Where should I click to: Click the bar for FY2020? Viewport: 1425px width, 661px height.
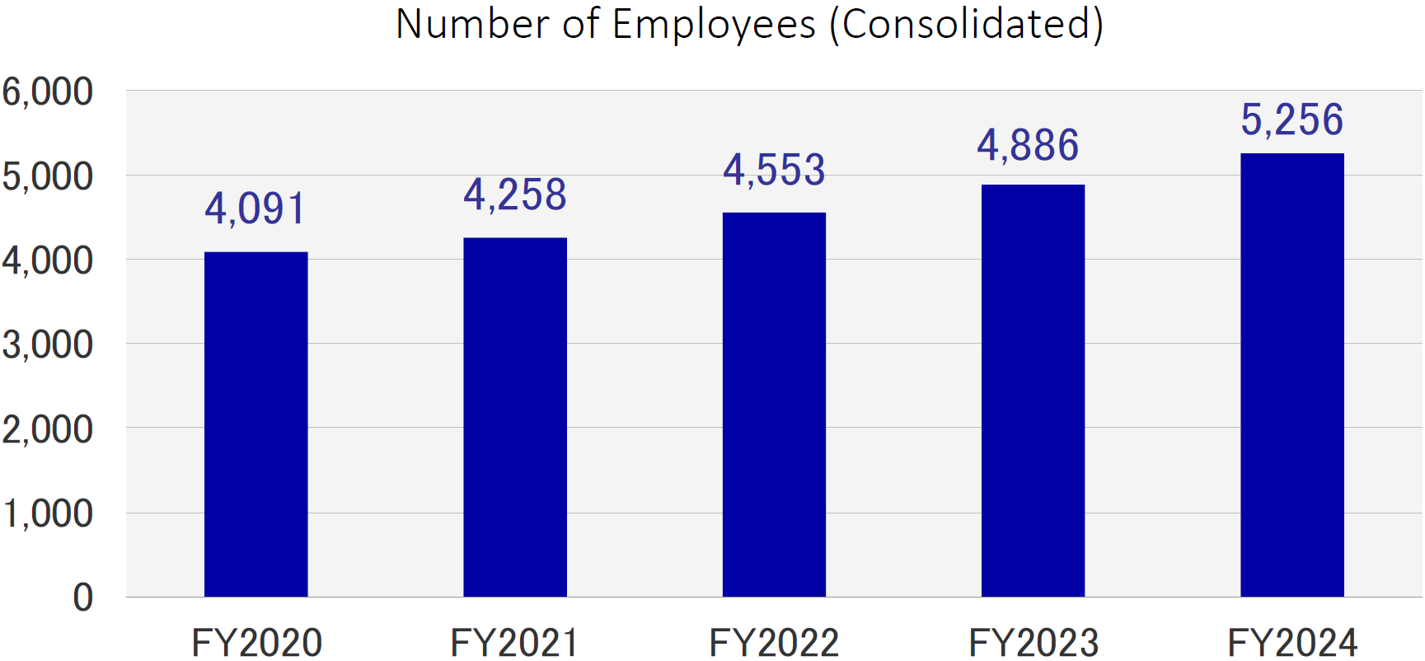pyautogui.click(x=255, y=424)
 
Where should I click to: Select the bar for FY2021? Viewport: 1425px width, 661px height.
pyautogui.click(x=515, y=417)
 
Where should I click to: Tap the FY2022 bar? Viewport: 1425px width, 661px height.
pyautogui.click(x=774, y=405)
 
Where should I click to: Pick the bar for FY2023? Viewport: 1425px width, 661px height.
pyautogui.click(x=1033, y=391)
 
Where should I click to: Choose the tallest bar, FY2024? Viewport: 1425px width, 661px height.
pyautogui.click(x=1291, y=375)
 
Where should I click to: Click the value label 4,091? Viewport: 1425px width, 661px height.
pyautogui.click(x=255, y=209)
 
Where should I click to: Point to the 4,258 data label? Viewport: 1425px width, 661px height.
pyautogui.click(x=515, y=195)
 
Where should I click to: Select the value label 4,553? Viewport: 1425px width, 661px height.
pyautogui.click(x=774, y=171)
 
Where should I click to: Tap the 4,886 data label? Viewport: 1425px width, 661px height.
pyautogui.click(x=1028, y=146)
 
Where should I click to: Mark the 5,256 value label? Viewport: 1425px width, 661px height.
pyautogui.click(x=1291, y=120)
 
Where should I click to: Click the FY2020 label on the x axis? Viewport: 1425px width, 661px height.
pyautogui.click(x=256, y=642)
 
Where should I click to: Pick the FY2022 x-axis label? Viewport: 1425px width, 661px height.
pyautogui.click(x=774, y=642)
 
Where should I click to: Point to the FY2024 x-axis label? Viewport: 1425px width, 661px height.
pyautogui.click(x=1291, y=642)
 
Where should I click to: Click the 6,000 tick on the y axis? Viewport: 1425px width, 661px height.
pyautogui.click(x=48, y=91)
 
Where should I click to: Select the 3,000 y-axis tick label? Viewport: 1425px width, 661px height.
pyautogui.click(x=48, y=345)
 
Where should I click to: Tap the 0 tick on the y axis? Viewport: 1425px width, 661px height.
pyautogui.click(x=82, y=598)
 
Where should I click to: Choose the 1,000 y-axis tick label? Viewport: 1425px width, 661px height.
pyautogui.click(x=48, y=513)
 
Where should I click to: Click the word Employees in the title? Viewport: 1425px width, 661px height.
pyautogui.click(x=714, y=25)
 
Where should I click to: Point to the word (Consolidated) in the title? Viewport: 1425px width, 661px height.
pyautogui.click(x=966, y=25)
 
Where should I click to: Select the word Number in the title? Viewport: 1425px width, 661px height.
pyautogui.click(x=472, y=25)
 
